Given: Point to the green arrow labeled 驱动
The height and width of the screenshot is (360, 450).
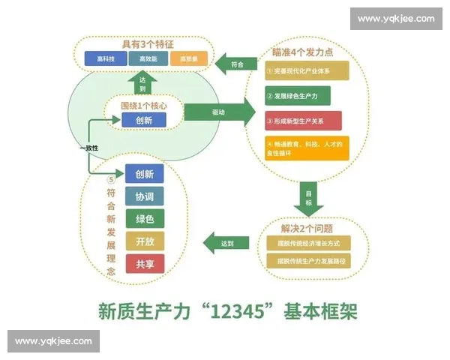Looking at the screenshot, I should coord(218,112).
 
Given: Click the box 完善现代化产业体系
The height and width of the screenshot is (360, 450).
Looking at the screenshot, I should coord(307,70).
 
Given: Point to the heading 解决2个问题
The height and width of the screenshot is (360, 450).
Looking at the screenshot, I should coord(307,227).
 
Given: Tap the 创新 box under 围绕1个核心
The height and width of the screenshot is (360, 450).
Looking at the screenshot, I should coord(145,119).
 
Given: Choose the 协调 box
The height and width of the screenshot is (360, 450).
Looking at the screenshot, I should coord(145,197).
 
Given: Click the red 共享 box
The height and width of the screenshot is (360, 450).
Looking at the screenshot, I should coord(145,264).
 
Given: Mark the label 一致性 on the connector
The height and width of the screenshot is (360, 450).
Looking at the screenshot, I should coord(90,148).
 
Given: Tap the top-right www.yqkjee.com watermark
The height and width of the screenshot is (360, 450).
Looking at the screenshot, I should coord(395,19).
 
